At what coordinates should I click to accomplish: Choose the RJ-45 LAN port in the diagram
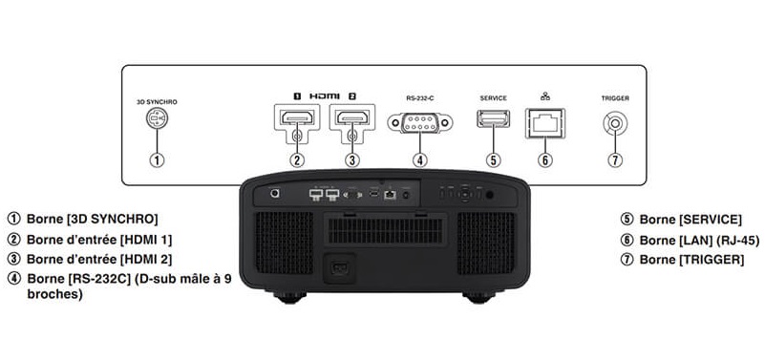pyautogui.click(x=546, y=121)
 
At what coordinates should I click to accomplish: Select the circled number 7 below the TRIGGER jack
pyautogui.click(x=617, y=159)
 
